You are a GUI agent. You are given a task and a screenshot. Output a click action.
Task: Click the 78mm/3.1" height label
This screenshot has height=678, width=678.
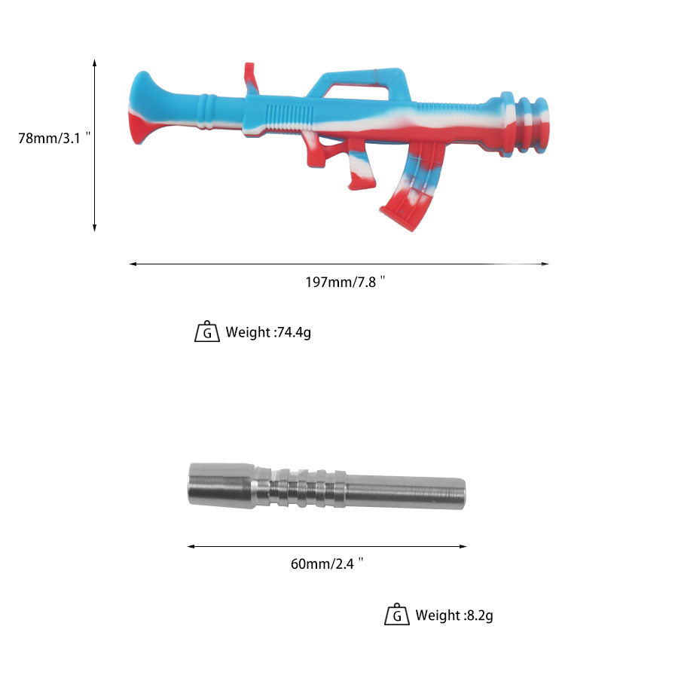pyautogui.click(x=54, y=138)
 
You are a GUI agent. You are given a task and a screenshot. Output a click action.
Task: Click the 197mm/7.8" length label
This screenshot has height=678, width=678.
pyautogui.click(x=345, y=282)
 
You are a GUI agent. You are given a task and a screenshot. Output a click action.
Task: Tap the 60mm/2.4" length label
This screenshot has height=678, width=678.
pyautogui.click(x=327, y=563)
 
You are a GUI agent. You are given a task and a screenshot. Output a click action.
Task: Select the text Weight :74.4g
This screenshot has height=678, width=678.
pyautogui.click(x=268, y=332)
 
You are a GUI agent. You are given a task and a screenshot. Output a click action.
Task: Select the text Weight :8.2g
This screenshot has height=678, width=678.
pyautogui.click(x=454, y=615)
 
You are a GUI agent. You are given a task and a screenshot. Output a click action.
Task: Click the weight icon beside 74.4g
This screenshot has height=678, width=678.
pyautogui.click(x=207, y=331)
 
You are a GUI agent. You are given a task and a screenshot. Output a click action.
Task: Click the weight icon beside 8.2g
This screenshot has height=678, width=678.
pyautogui.click(x=397, y=615)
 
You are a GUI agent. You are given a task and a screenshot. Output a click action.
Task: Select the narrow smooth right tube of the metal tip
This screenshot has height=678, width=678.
pyautogui.click(x=407, y=491)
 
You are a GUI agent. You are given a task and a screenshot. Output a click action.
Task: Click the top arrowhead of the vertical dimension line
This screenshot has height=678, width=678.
pyautogui.click(x=95, y=63)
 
